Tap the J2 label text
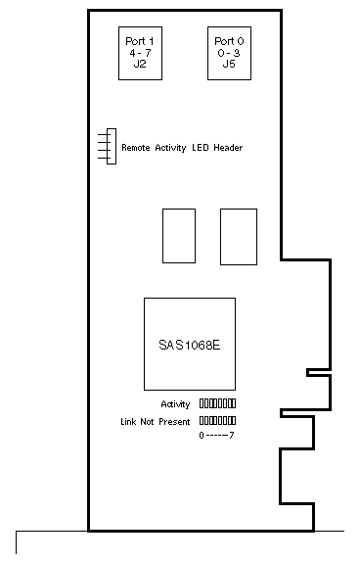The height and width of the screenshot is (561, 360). point(140,65)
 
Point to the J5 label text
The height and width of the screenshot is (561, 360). point(229,65)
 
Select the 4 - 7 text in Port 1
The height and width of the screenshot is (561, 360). point(140,53)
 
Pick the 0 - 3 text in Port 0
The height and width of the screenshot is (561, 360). point(229,53)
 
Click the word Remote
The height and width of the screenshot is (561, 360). point(136,148)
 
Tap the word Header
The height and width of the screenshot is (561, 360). point(228,148)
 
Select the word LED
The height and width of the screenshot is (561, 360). point(201,148)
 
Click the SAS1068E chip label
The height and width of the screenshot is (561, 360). point(190,345)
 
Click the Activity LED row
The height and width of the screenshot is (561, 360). point(217,403)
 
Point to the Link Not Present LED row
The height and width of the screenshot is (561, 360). point(217,420)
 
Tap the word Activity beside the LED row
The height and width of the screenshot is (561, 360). point(175,404)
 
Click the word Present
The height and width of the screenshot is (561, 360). point(174,422)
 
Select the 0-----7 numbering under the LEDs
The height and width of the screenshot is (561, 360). point(216,436)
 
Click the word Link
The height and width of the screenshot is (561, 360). point(128,422)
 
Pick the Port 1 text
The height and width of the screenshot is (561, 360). point(140,41)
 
